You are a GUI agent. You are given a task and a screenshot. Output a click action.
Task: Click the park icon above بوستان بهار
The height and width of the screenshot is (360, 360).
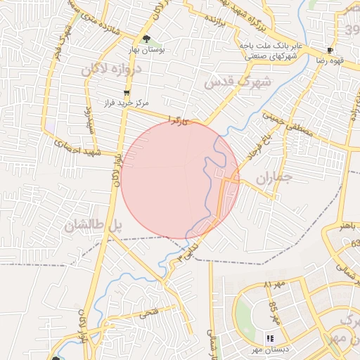(x=146, y=39)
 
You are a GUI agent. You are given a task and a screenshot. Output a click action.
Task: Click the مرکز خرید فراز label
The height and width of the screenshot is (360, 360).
(x=125, y=103)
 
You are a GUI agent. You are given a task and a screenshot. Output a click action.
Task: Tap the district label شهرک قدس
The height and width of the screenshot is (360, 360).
(x=228, y=82)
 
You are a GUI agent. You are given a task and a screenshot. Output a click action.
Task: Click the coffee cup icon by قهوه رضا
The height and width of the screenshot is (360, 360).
(x=330, y=51)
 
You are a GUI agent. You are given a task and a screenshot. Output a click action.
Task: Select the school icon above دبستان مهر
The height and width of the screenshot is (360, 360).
(x=270, y=339)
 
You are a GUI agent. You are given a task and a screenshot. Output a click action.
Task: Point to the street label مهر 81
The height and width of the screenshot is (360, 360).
(x=268, y=285)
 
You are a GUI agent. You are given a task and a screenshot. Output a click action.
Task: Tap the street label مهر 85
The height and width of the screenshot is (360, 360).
(x=275, y=312)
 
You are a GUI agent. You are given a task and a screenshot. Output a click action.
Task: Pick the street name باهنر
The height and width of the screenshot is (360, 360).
(x=351, y=227)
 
